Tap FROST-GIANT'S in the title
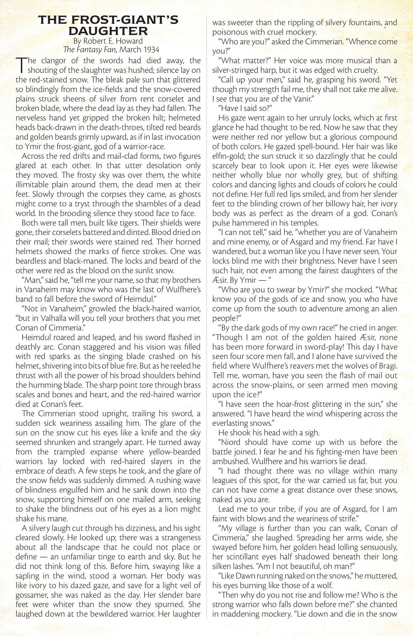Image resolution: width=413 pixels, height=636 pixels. (x=120, y=21)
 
